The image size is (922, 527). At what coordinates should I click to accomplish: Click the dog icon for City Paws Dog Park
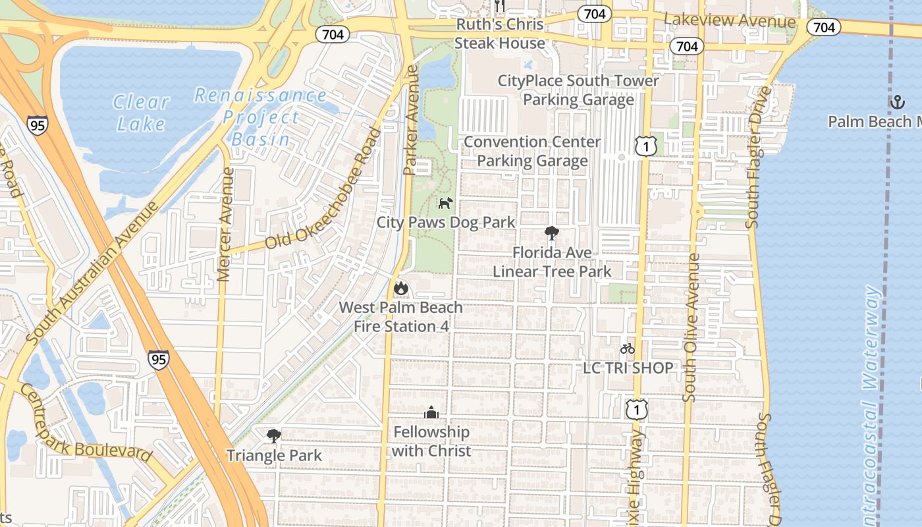pyautogui.click(x=446, y=202)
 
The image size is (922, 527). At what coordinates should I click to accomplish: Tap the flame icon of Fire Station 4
pyautogui.click(x=400, y=288)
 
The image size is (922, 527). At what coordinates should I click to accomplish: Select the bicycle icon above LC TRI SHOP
pyautogui.click(x=628, y=348)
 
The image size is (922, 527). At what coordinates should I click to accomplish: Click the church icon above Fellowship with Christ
pyautogui.click(x=431, y=412)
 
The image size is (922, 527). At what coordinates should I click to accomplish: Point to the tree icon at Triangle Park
pyautogui.click(x=274, y=435)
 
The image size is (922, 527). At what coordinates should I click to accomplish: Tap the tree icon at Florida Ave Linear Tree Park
pyautogui.click(x=552, y=233)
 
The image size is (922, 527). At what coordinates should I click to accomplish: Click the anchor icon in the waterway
pyautogui.click(x=897, y=101)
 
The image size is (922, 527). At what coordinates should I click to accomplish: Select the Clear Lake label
pyautogui.click(x=141, y=113)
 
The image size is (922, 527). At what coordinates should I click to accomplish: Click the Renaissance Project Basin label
pyautogui.click(x=261, y=117)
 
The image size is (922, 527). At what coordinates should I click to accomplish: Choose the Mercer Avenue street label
pyautogui.click(x=225, y=225)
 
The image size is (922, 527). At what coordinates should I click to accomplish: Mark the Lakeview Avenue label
pyautogui.click(x=730, y=21)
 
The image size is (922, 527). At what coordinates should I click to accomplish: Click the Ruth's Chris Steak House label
pyautogui.click(x=500, y=34)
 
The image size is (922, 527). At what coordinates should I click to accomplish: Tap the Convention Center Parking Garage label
pyautogui.click(x=532, y=152)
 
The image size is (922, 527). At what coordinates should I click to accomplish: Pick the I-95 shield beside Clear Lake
pyautogui.click(x=38, y=125)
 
